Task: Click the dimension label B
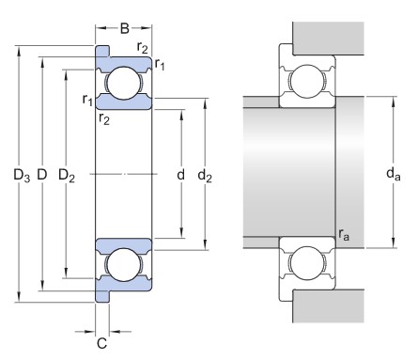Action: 125,28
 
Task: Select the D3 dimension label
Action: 22,175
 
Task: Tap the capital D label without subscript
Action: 42,174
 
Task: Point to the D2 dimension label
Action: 67,175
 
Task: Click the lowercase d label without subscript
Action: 180,174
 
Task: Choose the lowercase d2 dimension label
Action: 205,175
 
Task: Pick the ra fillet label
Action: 344,234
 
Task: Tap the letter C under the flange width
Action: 101,343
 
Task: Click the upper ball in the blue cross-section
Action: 124,83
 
